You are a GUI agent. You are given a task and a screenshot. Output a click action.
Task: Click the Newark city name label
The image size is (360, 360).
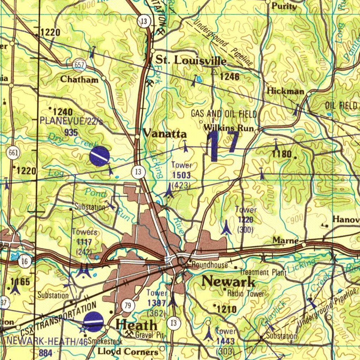[x=229, y=281]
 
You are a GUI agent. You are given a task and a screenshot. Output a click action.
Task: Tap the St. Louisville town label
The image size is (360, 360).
[x=191, y=60]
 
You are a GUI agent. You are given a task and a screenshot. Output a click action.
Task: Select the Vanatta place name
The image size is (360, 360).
[x=165, y=134]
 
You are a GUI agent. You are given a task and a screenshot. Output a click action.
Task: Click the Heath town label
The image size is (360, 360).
[x=136, y=324]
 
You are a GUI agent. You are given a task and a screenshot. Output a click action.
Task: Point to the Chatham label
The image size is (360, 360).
[x=79, y=79]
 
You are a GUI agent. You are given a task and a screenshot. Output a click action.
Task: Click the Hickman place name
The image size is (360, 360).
[x=285, y=91]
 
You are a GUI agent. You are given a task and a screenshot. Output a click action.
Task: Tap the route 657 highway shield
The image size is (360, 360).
[x=79, y=65]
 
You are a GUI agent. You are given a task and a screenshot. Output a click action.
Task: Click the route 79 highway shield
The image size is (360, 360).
[x=128, y=305]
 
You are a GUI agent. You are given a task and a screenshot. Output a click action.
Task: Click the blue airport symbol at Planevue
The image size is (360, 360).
[x=99, y=156]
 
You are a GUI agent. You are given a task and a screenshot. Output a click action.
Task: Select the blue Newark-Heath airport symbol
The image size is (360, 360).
[x=94, y=322]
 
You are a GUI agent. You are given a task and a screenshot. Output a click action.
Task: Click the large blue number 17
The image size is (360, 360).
[x=223, y=145]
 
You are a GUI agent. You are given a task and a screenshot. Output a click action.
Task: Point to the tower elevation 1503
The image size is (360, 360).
[x=181, y=175]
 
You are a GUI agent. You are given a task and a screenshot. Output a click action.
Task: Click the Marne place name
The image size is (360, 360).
[x=285, y=241]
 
